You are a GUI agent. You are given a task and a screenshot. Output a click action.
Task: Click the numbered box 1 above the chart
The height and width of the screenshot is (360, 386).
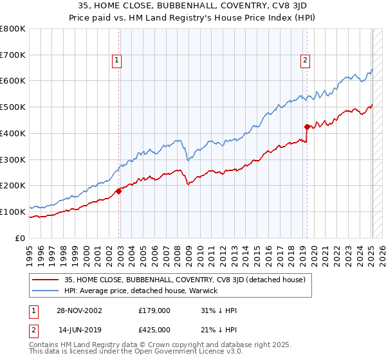click(117, 60)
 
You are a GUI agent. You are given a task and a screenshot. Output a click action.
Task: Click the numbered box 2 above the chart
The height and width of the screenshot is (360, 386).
click(304, 60)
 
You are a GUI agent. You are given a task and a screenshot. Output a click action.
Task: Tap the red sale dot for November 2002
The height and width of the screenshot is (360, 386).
click(119, 191)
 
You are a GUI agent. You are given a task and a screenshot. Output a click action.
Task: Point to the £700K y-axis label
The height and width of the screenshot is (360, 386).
click(13, 55)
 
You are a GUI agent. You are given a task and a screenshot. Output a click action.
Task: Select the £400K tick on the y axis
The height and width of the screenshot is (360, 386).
click(13, 134)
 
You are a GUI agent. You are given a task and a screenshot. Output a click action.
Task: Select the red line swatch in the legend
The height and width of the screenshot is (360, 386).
click(46, 280)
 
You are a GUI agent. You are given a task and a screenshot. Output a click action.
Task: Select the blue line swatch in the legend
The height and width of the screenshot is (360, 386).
click(46, 291)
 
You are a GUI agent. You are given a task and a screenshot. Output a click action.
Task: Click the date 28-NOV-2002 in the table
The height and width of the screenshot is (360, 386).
click(80, 310)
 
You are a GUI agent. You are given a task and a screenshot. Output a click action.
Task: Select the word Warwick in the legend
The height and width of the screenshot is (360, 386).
click(203, 291)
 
